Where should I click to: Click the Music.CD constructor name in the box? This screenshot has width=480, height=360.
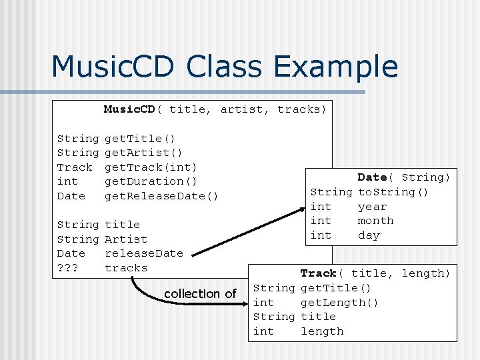129,109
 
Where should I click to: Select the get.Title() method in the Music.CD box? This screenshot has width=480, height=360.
140,139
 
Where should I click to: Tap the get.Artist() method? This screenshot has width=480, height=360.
144,153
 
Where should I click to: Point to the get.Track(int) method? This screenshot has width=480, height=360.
151,167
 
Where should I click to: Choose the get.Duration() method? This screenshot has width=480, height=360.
151,181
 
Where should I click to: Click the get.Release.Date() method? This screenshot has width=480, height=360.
161,196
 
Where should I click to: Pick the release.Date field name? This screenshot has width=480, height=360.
143,253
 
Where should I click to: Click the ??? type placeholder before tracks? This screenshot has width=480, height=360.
67,268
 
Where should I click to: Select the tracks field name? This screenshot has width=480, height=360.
126,268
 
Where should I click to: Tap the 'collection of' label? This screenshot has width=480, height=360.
200,294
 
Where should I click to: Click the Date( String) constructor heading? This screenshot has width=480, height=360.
403,177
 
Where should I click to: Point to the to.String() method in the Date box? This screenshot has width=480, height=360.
393,192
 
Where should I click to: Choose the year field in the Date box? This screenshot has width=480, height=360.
372,207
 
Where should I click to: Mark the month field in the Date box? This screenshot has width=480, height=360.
375,221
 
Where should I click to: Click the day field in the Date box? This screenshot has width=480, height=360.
369,235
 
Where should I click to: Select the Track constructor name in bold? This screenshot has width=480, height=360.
318,273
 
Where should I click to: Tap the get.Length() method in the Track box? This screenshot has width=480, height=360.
339,303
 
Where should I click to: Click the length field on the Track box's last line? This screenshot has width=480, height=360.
322,331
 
